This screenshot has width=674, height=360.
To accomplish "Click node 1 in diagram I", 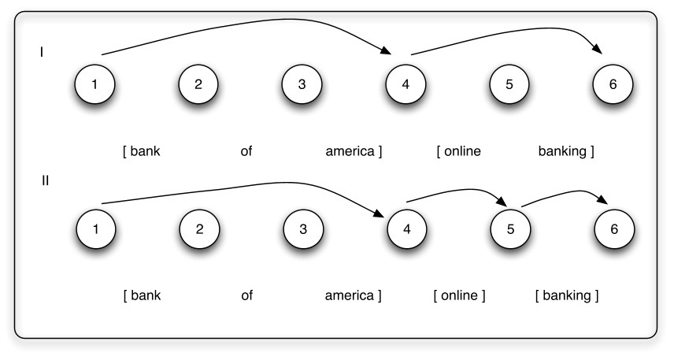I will pos(94,84).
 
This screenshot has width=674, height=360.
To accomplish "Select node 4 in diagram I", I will pos(406,84).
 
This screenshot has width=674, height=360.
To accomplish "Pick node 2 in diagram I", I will pos(198,84).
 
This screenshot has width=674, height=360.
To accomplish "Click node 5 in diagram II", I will pos(509,230).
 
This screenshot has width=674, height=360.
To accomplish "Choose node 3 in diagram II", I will pos(302,230).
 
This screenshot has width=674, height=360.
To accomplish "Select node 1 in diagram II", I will pos(94,230).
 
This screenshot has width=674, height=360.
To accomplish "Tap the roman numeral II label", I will pos(45,180).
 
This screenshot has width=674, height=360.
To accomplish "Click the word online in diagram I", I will pos(461,151).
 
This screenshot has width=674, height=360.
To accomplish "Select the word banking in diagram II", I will pos(567,296).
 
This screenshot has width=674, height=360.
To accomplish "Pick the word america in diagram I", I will pos(350,151).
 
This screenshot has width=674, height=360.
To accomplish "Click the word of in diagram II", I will pos(246,296).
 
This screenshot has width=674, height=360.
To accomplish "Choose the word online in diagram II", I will pos(459,296).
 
